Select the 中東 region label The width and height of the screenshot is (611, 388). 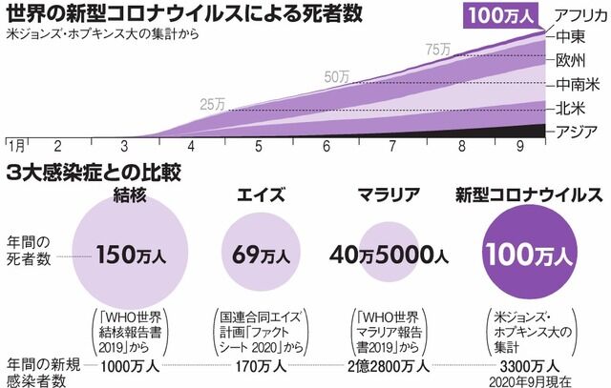point(571,37)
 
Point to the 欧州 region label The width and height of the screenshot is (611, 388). point(571,60)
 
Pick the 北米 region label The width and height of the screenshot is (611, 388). point(571,107)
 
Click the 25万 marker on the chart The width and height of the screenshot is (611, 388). point(214,103)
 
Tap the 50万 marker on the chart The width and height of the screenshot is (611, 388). point(338,76)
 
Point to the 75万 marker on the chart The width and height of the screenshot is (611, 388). point(438,49)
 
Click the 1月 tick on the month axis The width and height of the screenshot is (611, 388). point(15,146)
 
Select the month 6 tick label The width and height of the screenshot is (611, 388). point(327,147)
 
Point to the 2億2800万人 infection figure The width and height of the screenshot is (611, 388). point(390,364)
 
